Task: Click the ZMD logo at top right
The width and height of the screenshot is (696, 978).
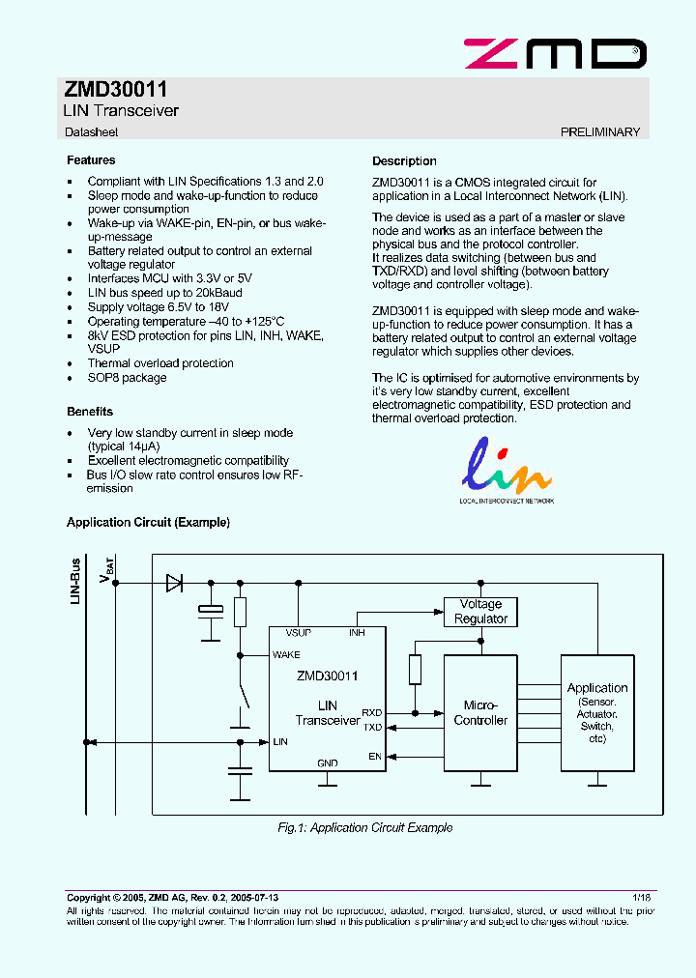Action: click(554, 53)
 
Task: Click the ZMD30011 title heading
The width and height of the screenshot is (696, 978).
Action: click(116, 90)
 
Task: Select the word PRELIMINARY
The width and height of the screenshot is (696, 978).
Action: click(599, 131)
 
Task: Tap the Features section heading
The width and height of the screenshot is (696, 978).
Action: click(91, 160)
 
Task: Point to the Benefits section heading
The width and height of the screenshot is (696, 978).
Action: click(90, 412)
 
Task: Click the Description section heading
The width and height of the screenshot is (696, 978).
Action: click(404, 161)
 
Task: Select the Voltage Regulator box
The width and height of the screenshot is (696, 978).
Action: click(480, 612)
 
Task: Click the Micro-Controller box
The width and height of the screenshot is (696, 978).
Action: click(480, 713)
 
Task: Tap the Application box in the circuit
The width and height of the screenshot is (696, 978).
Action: click(597, 712)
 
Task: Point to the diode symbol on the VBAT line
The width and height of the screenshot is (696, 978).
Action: click(175, 583)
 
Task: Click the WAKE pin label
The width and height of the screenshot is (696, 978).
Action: click(286, 654)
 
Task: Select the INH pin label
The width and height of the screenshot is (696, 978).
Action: click(357, 633)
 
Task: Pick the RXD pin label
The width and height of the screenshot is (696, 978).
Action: click(371, 712)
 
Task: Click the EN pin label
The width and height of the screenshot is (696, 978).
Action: click(375, 757)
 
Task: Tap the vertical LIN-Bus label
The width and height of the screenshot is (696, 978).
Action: click(76, 581)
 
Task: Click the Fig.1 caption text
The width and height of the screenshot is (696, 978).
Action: click(364, 827)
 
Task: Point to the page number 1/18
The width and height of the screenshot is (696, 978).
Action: click(642, 898)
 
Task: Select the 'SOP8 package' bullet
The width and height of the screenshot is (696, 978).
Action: click(127, 378)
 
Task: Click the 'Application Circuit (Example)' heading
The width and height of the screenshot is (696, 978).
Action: click(148, 523)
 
